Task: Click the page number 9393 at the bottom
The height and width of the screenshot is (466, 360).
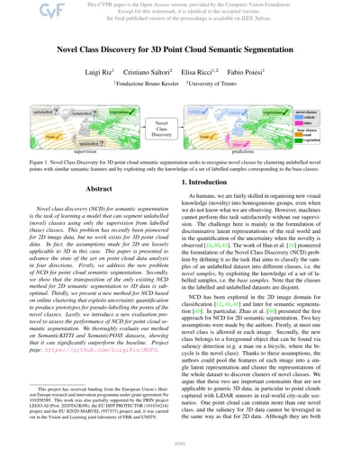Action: [180, 456]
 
